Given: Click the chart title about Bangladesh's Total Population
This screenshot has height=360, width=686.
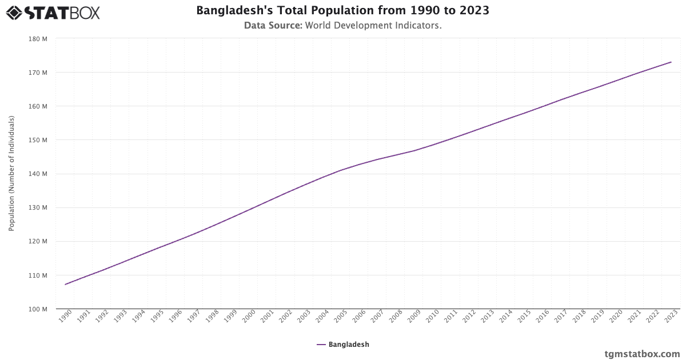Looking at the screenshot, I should pos(342,10).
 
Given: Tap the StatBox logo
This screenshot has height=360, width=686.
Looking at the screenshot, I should pos(53,12).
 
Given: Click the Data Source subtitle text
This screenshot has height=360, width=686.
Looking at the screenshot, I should pos(342,26).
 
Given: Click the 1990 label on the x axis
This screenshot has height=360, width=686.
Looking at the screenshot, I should pos(66,316).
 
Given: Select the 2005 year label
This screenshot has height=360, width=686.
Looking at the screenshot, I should pos(341,316).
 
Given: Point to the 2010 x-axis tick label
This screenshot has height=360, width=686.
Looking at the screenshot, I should pos(432,316).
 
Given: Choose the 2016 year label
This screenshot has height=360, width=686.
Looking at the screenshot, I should pos(543,316).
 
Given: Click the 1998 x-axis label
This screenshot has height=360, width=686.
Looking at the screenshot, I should pos(212,316).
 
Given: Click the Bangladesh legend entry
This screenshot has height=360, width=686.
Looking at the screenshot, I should pos(343,345).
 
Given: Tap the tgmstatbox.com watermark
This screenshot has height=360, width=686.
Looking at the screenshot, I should pos(642,354).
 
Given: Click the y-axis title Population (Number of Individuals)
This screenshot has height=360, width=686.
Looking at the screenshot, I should pos(11,174).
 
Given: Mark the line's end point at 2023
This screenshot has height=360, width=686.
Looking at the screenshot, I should pos(671,62).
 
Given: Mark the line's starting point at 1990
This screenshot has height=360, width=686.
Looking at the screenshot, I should pos(65,284).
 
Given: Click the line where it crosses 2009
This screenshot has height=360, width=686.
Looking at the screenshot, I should pos(414,150).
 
